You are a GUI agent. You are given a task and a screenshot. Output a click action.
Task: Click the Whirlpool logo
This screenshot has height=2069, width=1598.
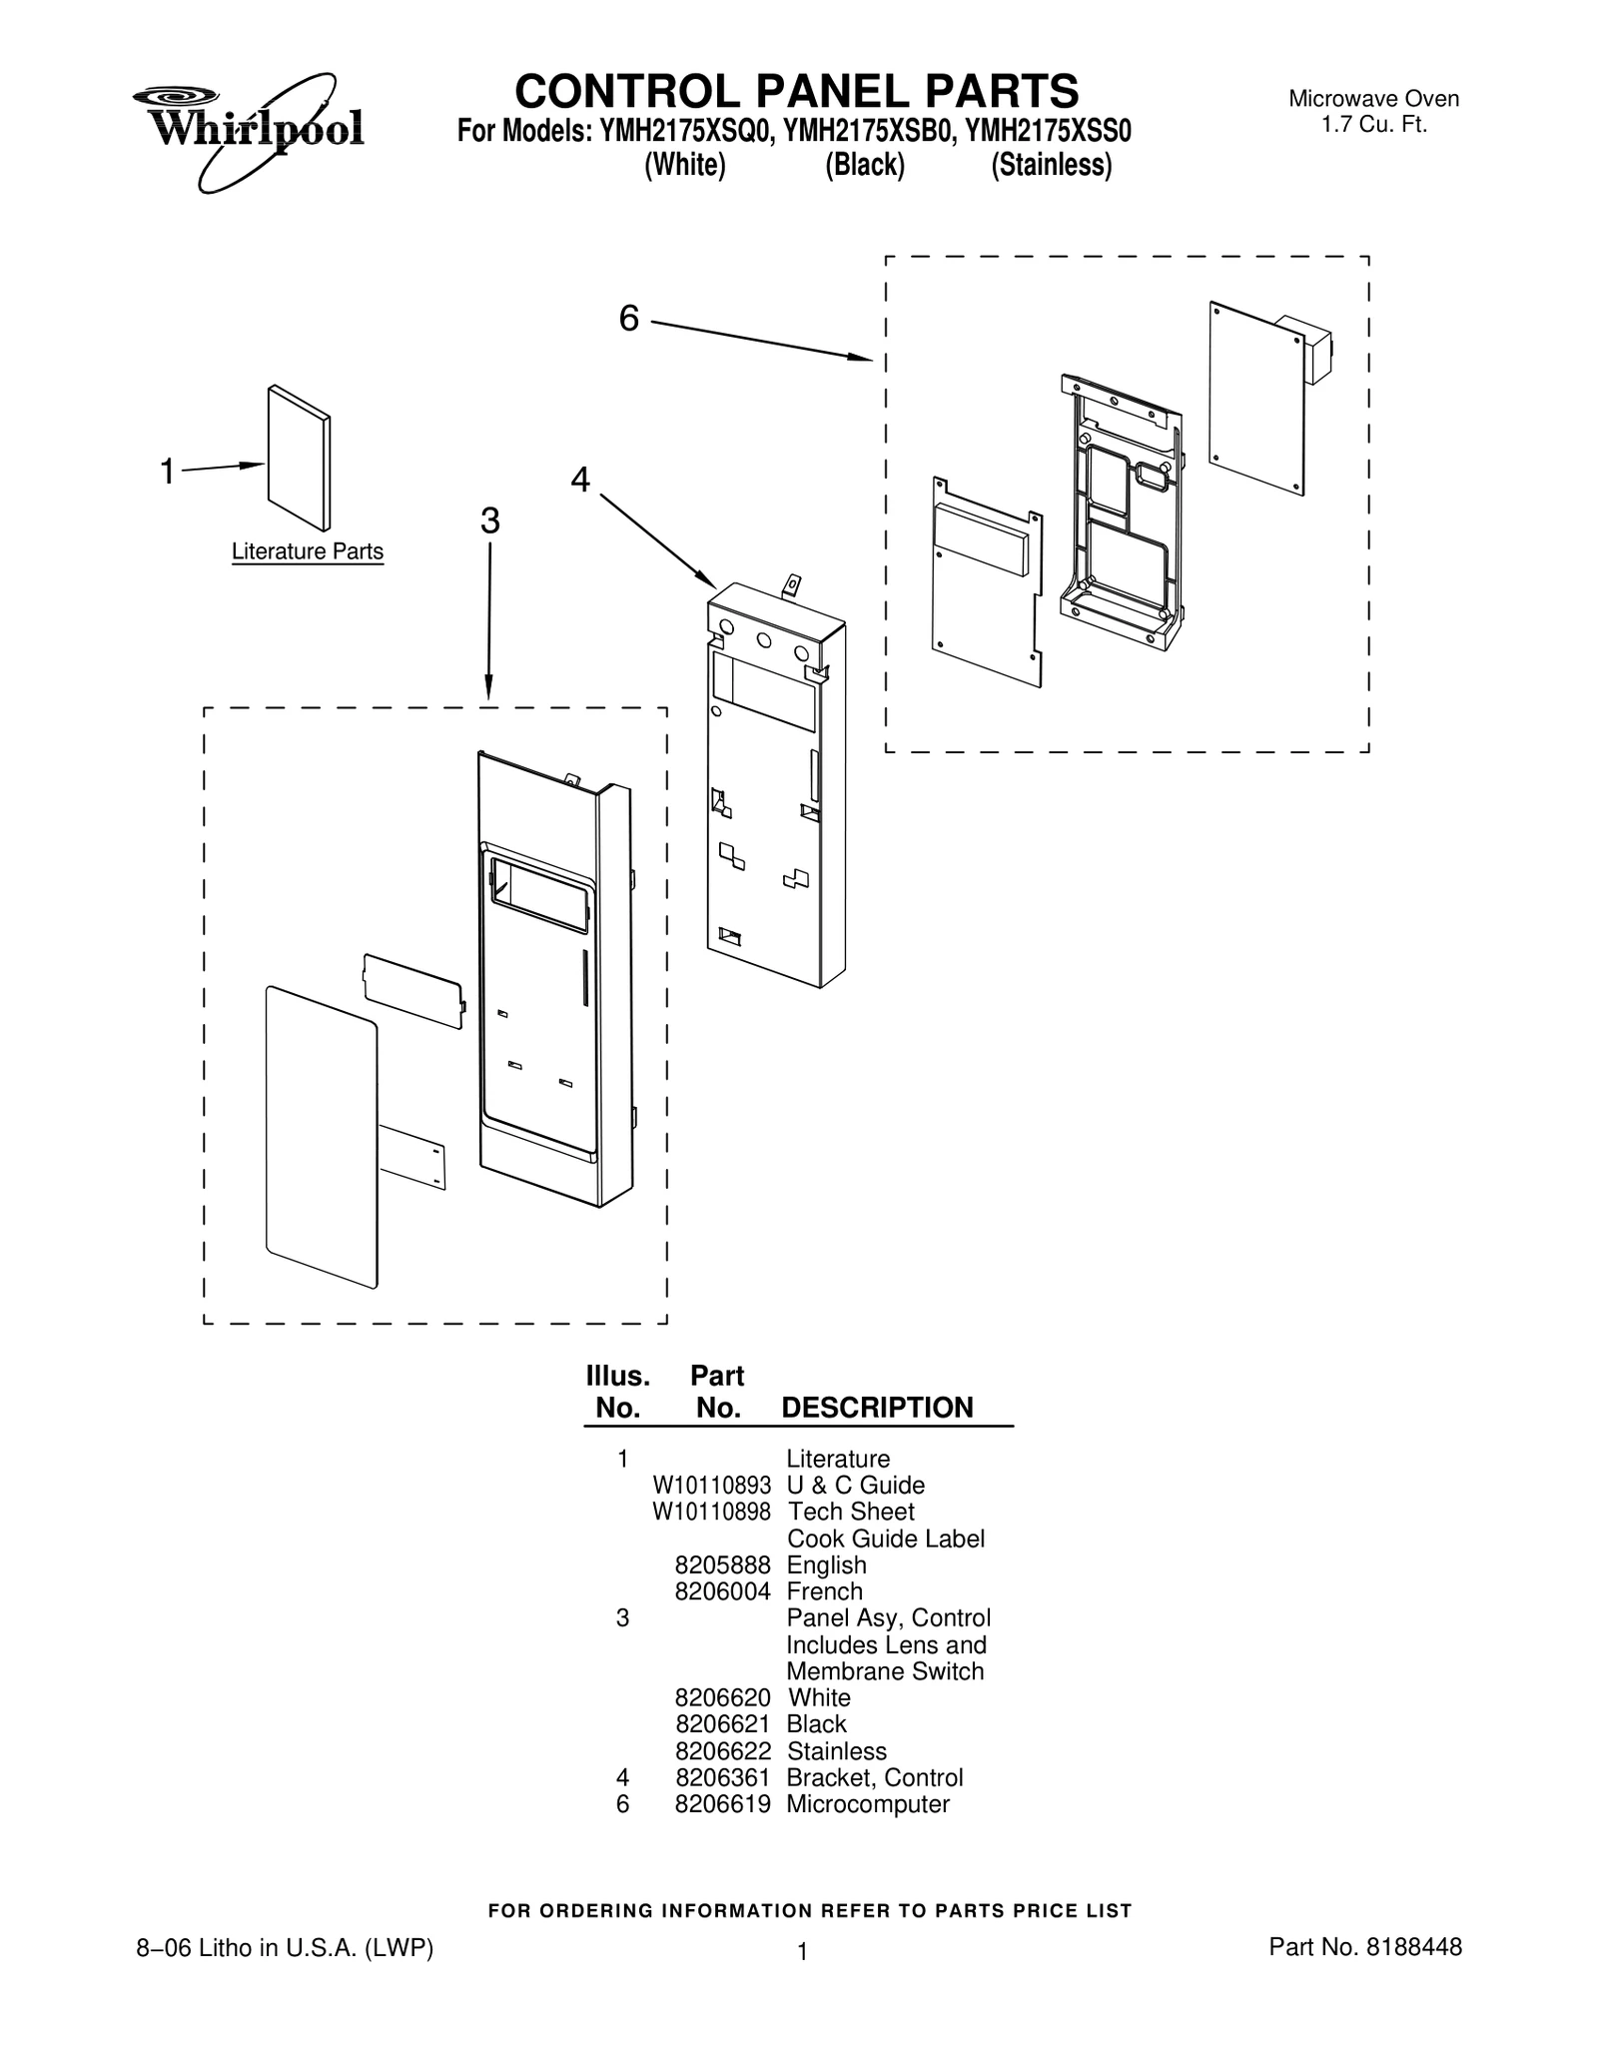[248, 130]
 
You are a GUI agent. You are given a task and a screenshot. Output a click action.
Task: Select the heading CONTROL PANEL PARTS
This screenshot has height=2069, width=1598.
[797, 91]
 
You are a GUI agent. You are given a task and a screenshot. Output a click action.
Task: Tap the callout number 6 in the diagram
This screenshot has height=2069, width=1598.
[628, 319]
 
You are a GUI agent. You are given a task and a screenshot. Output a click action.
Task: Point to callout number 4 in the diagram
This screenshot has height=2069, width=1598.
[580, 481]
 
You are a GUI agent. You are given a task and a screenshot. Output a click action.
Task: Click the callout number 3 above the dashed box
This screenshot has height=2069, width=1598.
[489, 520]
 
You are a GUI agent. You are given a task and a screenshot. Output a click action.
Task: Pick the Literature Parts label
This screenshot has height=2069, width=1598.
[308, 551]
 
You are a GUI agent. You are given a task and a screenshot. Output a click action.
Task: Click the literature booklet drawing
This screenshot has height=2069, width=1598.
[299, 458]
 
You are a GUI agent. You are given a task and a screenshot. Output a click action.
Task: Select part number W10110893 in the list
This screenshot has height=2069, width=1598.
[712, 1486]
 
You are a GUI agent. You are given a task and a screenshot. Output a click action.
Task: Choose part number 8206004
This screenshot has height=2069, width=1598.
[723, 1591]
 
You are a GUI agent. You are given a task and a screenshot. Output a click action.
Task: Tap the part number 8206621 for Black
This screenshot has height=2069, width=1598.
[723, 1723]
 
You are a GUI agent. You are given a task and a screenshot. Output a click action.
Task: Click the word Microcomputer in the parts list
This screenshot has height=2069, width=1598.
[868, 1803]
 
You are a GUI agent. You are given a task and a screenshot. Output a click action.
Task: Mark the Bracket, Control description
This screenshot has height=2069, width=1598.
[875, 1777]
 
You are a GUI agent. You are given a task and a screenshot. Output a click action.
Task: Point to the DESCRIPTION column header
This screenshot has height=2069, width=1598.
[877, 1408]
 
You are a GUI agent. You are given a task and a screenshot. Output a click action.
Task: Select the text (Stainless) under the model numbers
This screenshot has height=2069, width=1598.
[1051, 165]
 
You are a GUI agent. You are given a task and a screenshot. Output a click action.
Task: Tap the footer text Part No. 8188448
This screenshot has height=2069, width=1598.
[1365, 1946]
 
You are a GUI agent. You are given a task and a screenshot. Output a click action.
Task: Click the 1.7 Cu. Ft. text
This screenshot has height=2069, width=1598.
[1374, 125]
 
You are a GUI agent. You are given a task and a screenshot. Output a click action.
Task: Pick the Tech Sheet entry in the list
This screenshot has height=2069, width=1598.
[851, 1512]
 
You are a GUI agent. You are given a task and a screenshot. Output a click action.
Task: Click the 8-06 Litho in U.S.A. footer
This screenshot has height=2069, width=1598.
[285, 1947]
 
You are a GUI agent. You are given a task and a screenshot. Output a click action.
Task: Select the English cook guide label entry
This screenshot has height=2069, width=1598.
[827, 1565]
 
